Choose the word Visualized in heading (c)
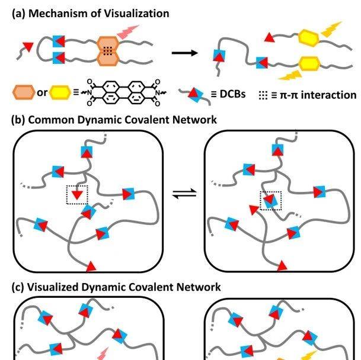[53, 287]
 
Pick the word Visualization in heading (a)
[135, 13]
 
